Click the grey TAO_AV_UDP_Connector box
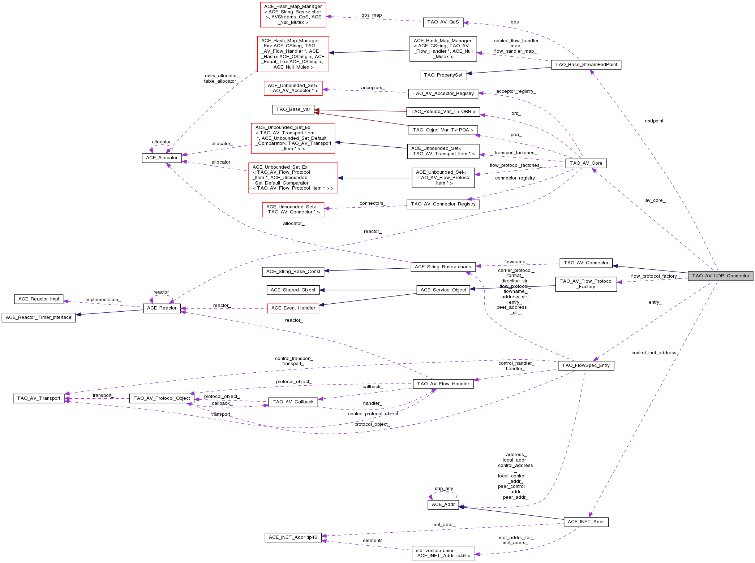pos(720,276)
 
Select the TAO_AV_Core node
pos(586,163)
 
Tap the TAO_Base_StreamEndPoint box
pos(586,65)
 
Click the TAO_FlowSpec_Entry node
pos(585,365)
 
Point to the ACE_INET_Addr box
pos(585,522)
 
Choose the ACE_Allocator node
pos(162,158)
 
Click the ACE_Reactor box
pos(162,308)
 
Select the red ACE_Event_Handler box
pos(293,308)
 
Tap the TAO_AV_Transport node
pos(39,398)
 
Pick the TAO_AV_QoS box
pos(443,22)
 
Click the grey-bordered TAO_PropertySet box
pos(443,75)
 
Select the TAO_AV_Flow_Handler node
pos(443,384)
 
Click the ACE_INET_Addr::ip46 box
pos(293,537)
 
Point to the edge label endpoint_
pos(655,121)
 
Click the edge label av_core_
pos(655,200)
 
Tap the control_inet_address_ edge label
pos(655,353)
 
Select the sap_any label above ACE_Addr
pos(444,489)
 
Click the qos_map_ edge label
pos(373,16)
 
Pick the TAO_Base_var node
pos(293,109)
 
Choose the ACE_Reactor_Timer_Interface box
pos(39,317)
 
